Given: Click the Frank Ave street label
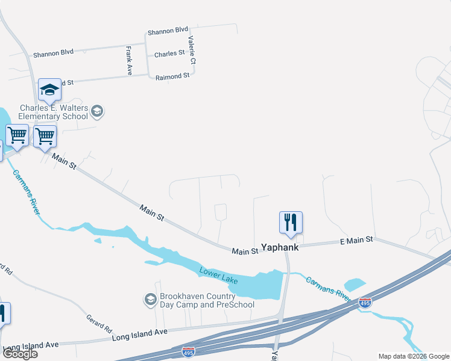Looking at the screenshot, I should pos(128,61).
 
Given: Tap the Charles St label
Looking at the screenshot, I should pos(169,54).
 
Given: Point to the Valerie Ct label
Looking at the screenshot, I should pos(191,51).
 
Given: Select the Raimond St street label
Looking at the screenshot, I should pos(172,76).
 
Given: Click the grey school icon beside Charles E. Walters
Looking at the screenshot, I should pos(97,111).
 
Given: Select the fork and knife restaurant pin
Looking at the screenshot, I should pos(291,223).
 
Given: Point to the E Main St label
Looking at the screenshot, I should pos(356,239).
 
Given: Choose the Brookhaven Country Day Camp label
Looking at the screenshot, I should pos(207,300).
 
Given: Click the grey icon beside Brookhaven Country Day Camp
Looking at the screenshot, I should pos(150,299).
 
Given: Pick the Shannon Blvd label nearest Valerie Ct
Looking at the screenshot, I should pos(168,30).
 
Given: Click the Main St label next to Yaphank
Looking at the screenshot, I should pos(245,250).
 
